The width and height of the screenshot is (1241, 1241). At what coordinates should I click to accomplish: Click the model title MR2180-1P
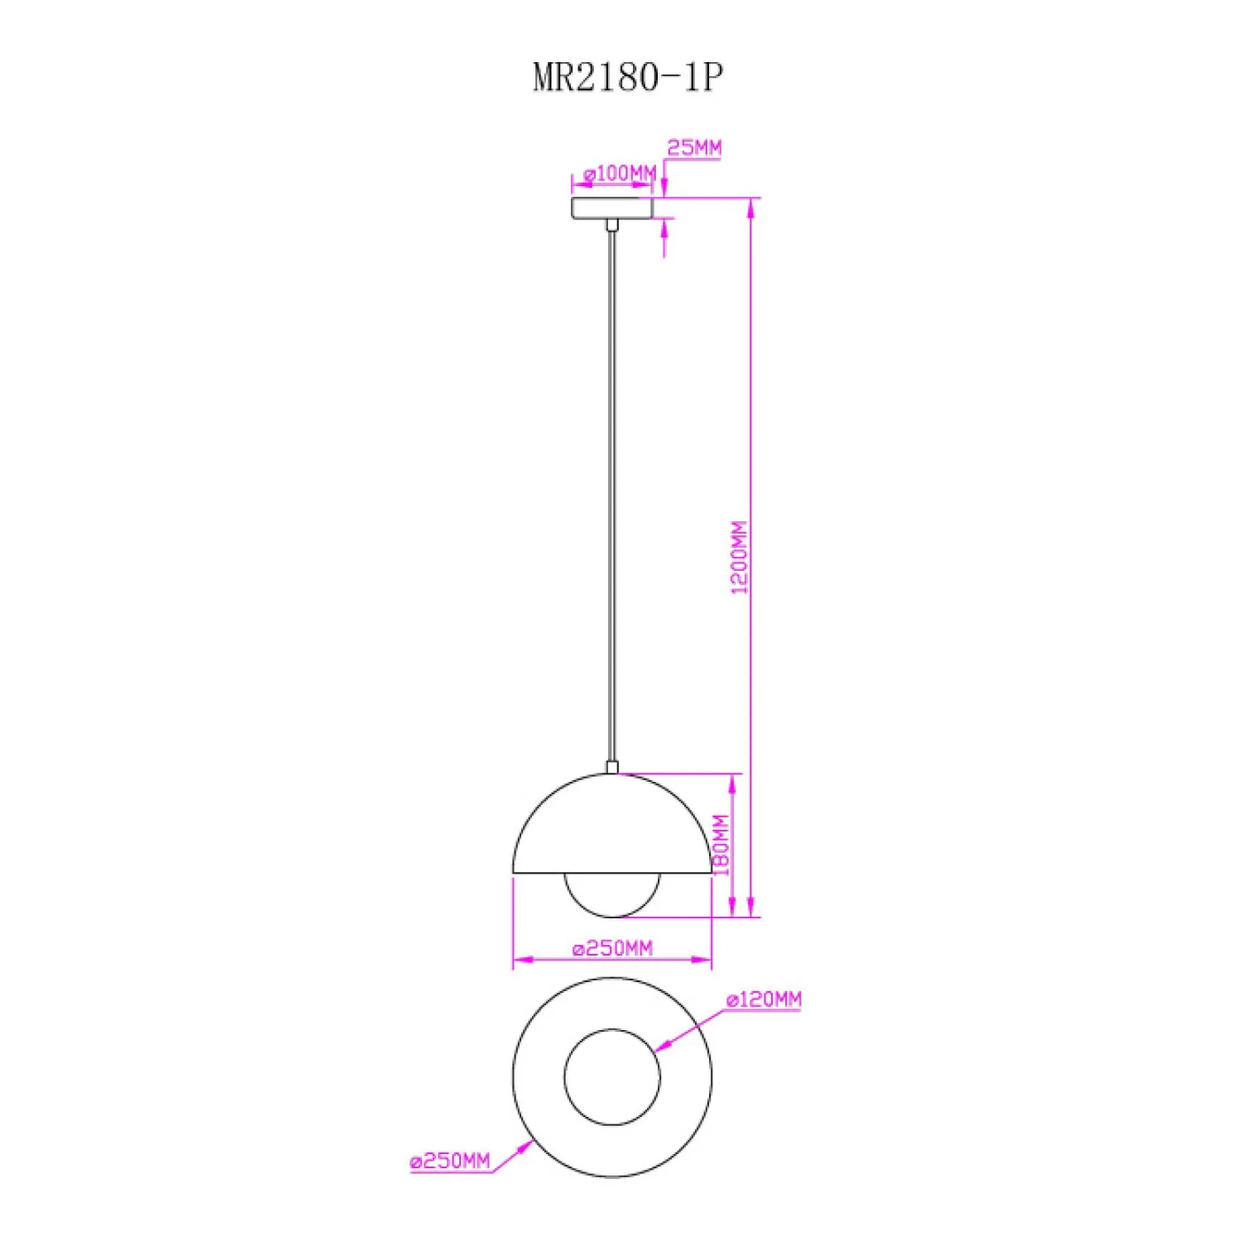click(x=628, y=78)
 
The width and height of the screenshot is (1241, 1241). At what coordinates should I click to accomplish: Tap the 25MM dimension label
click(x=694, y=148)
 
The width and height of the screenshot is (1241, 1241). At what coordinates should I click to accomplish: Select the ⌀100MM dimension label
click(x=620, y=174)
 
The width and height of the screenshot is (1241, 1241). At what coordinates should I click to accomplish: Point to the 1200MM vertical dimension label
click(x=739, y=558)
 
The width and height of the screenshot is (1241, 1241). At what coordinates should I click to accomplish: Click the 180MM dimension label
click(x=721, y=845)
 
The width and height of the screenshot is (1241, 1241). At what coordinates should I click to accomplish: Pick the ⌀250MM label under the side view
click(x=612, y=948)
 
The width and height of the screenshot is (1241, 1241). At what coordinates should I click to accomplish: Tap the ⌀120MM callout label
click(x=764, y=999)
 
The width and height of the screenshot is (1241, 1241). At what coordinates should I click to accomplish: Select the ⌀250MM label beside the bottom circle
click(x=450, y=1162)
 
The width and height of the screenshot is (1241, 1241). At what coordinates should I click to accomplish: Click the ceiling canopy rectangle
click(x=612, y=208)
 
